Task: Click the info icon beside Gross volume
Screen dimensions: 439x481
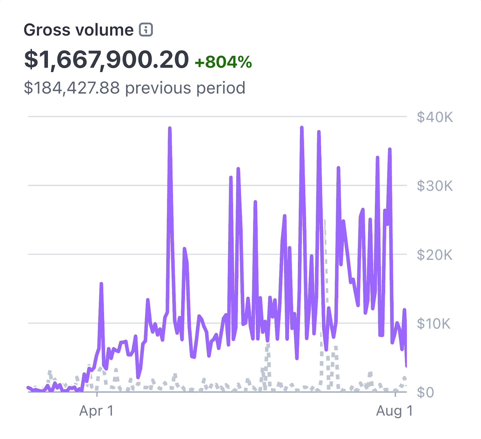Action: pyautogui.click(x=146, y=30)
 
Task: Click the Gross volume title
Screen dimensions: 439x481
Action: pyautogui.click(x=78, y=30)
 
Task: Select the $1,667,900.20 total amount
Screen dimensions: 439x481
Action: pyautogui.click(x=106, y=60)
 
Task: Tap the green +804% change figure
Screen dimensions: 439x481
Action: pyautogui.click(x=223, y=62)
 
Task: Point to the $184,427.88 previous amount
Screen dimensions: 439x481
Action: pyautogui.click(x=72, y=88)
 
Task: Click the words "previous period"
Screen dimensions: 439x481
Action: pyautogui.click(x=185, y=88)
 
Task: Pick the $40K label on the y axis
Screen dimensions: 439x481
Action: pyautogui.click(x=435, y=117)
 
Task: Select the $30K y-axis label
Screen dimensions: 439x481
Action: pyautogui.click(x=435, y=186)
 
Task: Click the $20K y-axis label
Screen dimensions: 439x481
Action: pyautogui.click(x=435, y=255)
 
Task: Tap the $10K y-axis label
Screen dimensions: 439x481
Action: pyautogui.click(x=434, y=324)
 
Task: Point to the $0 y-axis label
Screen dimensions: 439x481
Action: pyautogui.click(x=425, y=392)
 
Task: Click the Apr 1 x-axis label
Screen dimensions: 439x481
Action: pyautogui.click(x=97, y=411)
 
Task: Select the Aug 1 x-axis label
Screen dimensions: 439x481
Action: pyautogui.click(x=394, y=411)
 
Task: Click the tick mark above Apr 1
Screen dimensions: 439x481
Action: pyautogui.click(x=97, y=394)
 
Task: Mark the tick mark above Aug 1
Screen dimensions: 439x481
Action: pyautogui.click(x=395, y=394)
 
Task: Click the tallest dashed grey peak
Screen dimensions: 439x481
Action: pyautogui.click(x=324, y=221)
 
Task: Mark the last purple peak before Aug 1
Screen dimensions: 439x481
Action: pyautogui.click(x=390, y=149)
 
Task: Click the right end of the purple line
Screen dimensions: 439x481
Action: pyautogui.click(x=406, y=366)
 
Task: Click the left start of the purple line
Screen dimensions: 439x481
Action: pyautogui.click(x=28, y=388)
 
